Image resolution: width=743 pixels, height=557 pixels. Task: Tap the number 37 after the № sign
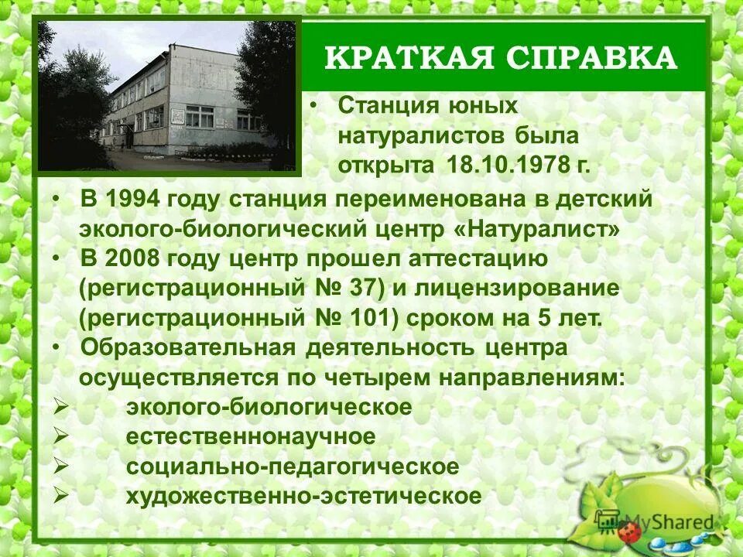[x=365, y=289]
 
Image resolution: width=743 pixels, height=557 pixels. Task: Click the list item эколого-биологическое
[x=269, y=407]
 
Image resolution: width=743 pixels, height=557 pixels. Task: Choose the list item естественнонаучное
[x=251, y=436]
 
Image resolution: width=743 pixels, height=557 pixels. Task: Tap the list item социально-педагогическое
[x=293, y=466]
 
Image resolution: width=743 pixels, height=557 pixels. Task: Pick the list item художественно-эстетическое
[x=303, y=496]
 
